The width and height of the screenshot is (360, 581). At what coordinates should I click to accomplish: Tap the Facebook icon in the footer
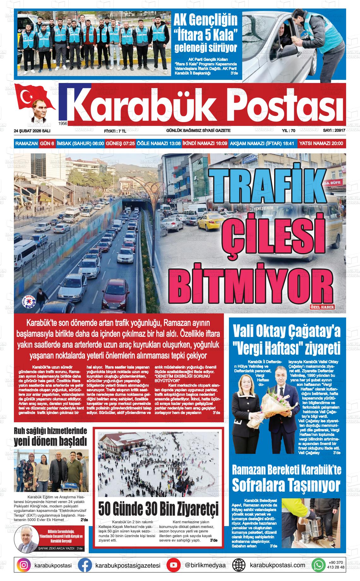tap(85, 565)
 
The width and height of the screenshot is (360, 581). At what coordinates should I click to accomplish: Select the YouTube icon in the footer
tap(174, 565)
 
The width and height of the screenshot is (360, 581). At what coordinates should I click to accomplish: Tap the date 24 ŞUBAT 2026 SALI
tap(32, 131)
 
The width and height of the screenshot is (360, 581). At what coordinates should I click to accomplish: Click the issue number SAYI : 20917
tap(333, 130)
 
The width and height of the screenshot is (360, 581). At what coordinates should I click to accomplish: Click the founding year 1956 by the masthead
tap(63, 123)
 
